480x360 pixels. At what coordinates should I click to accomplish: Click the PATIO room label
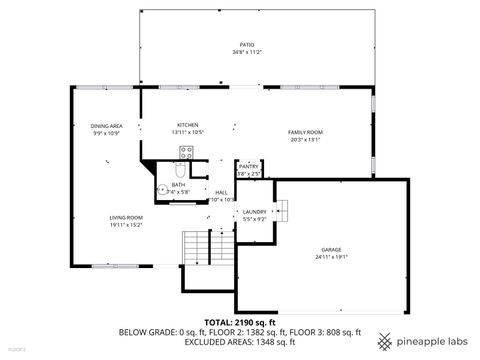tap(246, 46)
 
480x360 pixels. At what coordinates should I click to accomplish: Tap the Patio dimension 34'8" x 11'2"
tap(246, 52)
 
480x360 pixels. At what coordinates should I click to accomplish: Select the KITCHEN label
tap(188, 126)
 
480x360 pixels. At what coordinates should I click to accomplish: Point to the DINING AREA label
tap(106, 126)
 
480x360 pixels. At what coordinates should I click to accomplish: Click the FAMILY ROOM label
tap(306, 133)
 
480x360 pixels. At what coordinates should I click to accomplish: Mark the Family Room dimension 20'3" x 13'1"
tap(306, 140)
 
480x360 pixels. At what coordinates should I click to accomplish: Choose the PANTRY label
tap(248, 167)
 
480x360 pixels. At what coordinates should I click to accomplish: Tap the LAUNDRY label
tap(254, 212)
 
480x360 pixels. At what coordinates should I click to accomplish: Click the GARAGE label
tap(332, 249)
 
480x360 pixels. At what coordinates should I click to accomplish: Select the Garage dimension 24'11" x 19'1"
tap(332, 256)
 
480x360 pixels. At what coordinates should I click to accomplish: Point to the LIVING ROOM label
tap(126, 218)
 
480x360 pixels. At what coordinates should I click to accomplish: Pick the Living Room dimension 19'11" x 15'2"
tap(126, 225)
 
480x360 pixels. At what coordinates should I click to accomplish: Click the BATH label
tap(178, 185)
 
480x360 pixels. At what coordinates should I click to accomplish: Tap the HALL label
tap(222, 192)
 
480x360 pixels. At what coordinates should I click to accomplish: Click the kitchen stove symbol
tap(186, 153)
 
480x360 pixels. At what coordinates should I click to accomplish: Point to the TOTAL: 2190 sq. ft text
tap(240, 323)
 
